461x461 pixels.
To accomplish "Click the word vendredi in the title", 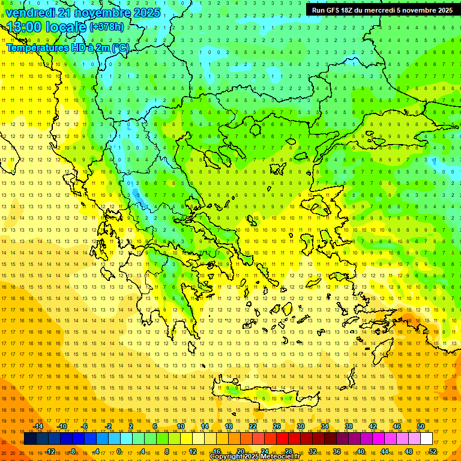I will coord(30,12).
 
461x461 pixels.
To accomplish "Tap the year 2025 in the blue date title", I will coord(146,12).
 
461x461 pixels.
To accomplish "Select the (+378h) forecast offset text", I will coord(107,27).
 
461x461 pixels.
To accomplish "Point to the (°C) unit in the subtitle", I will coord(119,47).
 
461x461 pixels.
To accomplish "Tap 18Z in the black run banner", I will coord(343,10).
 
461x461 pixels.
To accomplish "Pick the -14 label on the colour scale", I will coord(37,426).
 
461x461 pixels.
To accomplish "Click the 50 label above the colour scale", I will coord(421,426).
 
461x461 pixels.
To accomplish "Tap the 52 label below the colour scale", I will coord(433,451).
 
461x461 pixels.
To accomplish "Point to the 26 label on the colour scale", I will coord(277,426).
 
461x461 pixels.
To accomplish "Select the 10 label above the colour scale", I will coord(181,426).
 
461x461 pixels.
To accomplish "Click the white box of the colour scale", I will coord(426,439).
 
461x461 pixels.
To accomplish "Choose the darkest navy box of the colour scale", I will coord(30,439).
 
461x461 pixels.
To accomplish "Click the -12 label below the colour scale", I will coord(49,451).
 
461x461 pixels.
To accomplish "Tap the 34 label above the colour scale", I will coord(325,426).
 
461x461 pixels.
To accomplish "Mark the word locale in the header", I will coord(66,27).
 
